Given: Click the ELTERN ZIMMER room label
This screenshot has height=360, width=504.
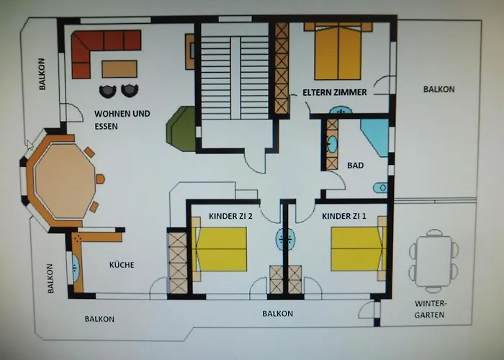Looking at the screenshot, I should [335, 92].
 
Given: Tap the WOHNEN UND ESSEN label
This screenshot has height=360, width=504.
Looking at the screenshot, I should [122, 119].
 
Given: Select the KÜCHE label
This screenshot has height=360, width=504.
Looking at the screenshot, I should [122, 265].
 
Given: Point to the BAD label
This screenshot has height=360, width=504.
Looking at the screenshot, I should [355, 165].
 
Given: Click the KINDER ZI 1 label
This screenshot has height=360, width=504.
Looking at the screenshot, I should [344, 215].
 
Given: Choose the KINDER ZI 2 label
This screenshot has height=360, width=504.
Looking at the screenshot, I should [230, 215].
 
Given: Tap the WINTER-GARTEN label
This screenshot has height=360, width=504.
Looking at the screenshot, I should [431, 309].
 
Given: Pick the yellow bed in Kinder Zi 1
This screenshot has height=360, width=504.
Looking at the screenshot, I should [357, 249].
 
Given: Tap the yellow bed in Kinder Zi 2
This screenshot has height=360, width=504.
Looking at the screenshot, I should [220, 249].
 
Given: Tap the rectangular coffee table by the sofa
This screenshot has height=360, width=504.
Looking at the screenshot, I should [120, 68].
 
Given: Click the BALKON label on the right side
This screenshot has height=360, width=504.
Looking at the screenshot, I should [438, 89].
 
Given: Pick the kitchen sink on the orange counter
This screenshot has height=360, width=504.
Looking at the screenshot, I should [76, 266].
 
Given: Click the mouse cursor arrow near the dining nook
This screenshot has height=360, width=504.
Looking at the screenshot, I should [28, 142].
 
